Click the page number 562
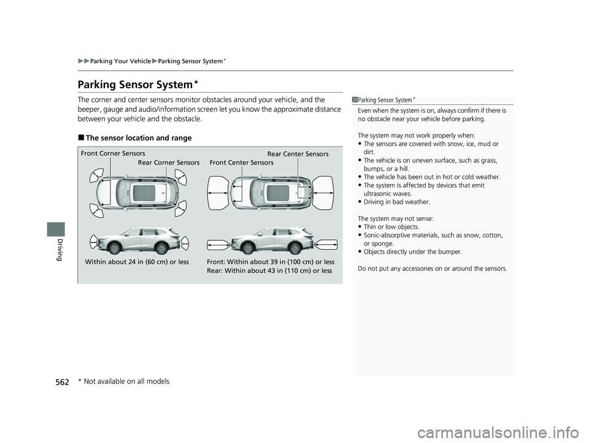point(62,382)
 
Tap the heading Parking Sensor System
point(135,85)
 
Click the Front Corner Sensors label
point(113,153)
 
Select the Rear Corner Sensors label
point(169,163)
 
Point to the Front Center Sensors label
point(242,163)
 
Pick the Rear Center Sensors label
point(298,154)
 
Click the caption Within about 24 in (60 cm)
point(137,262)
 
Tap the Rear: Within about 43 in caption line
point(269,271)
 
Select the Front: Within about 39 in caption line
point(271,262)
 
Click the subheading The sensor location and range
point(139,138)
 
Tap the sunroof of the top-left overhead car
point(144,193)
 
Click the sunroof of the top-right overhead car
point(278,193)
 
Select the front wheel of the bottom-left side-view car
point(114,248)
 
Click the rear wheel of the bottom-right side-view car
point(295,248)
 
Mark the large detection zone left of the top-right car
point(218,193)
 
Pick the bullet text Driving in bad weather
point(397,202)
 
